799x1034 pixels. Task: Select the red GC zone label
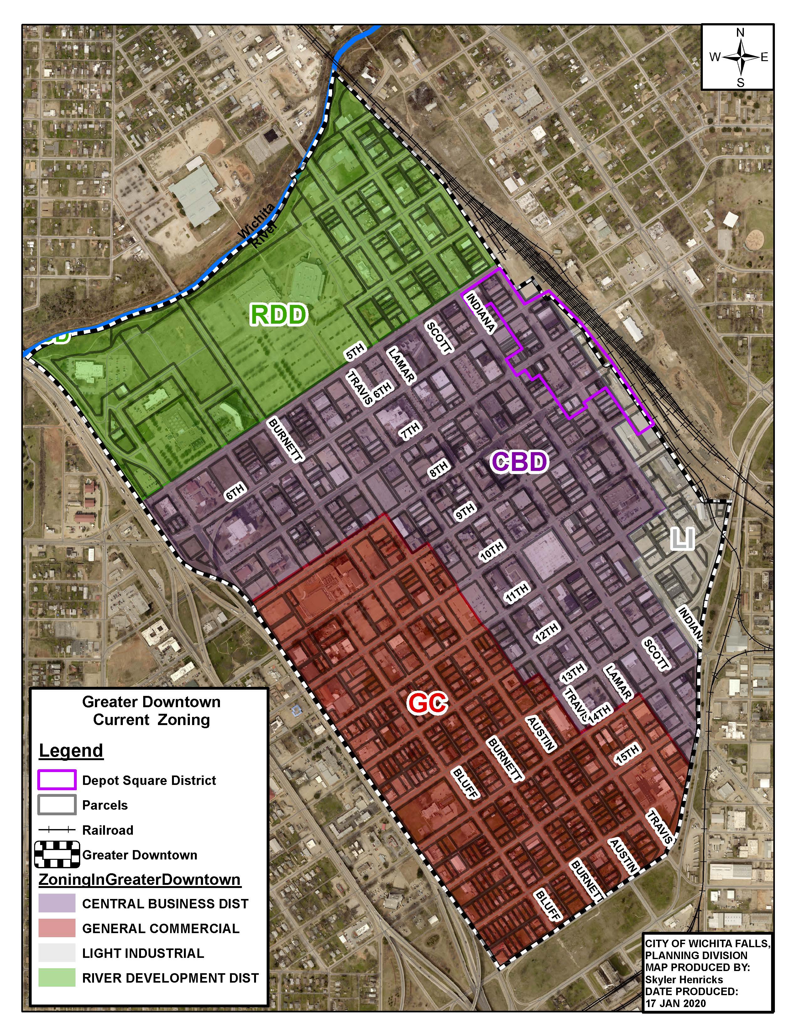[x=427, y=703]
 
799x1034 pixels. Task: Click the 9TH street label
[x=465, y=512]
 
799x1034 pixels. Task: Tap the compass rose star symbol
[x=741, y=58]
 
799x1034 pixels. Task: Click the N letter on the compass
[x=741, y=33]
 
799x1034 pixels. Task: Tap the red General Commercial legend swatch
[x=57, y=928]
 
